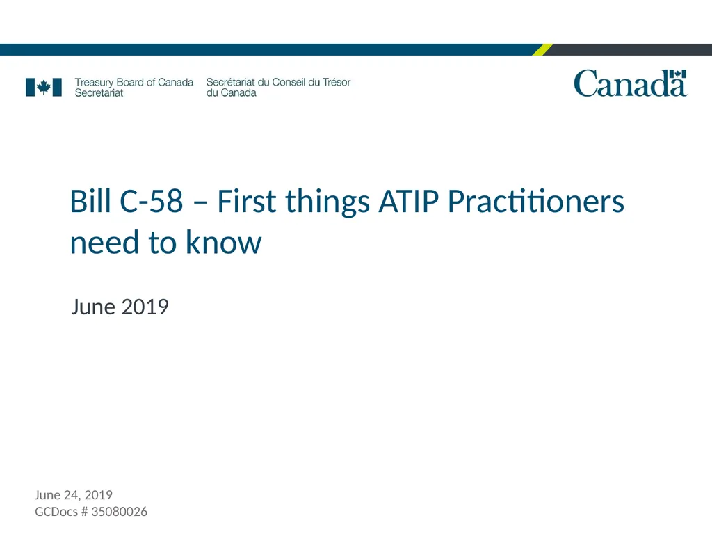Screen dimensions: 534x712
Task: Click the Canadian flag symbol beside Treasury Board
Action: point(44,87)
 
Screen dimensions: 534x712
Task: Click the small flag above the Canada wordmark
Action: point(679,74)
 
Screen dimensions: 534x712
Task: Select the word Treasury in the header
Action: point(94,82)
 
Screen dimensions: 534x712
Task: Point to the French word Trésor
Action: point(337,82)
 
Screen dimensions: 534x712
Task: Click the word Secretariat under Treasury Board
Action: point(99,92)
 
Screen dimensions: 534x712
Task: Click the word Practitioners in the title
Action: point(535,202)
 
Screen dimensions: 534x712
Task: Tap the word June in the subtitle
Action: point(93,307)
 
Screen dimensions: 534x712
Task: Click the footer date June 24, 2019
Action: point(74,495)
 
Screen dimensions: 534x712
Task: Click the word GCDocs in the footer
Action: point(56,512)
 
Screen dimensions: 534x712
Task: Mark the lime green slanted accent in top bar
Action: point(543,49)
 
